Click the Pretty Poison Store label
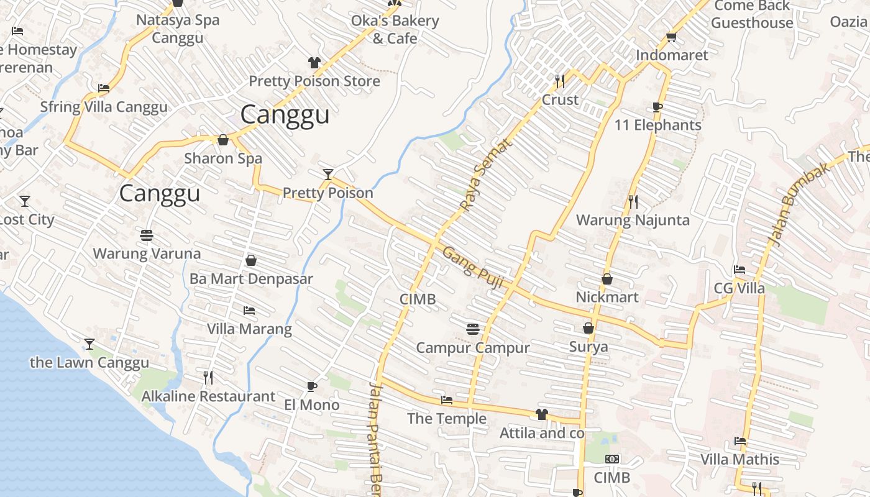[x=314, y=81]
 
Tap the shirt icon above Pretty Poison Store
[x=314, y=63]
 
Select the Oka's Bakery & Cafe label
[x=395, y=29]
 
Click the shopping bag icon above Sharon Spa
[x=223, y=140]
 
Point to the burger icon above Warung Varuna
[x=147, y=235]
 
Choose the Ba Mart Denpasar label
[x=251, y=279]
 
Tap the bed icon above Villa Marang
[x=249, y=310]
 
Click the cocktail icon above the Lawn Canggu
[x=89, y=344]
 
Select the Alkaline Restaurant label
[x=208, y=396]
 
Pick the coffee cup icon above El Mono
[x=312, y=386]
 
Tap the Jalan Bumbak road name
[x=790, y=204]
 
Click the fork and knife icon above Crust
[x=560, y=81]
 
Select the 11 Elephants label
[x=657, y=125]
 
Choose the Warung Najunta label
[x=633, y=220]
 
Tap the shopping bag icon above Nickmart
[x=607, y=279]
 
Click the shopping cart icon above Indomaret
[x=671, y=37]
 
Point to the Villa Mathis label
[x=739, y=460]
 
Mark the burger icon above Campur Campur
[x=473, y=329]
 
